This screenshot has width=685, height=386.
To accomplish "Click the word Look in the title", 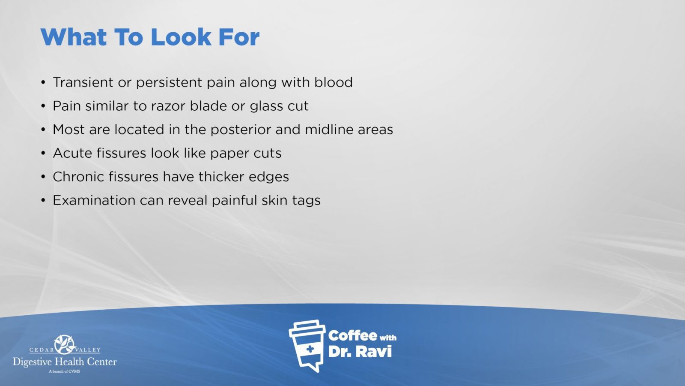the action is click(x=181, y=37).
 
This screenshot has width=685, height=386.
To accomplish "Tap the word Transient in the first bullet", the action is click(x=83, y=82).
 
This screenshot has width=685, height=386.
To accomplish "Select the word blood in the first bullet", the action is click(x=334, y=82).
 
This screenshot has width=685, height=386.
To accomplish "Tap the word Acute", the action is click(x=72, y=153).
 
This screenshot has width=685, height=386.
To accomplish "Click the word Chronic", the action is click(x=78, y=176).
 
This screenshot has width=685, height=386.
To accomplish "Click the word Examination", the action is click(x=94, y=200).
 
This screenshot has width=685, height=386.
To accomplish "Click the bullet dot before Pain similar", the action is click(x=43, y=106).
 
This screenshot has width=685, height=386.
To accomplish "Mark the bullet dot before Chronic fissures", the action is click(x=43, y=177).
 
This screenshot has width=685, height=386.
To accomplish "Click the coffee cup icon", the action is click(x=307, y=346).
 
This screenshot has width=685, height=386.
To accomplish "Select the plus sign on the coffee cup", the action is click(x=310, y=349).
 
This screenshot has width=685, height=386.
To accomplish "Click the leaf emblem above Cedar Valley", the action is click(x=64, y=344).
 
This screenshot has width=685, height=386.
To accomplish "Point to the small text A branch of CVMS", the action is click(x=65, y=371).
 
